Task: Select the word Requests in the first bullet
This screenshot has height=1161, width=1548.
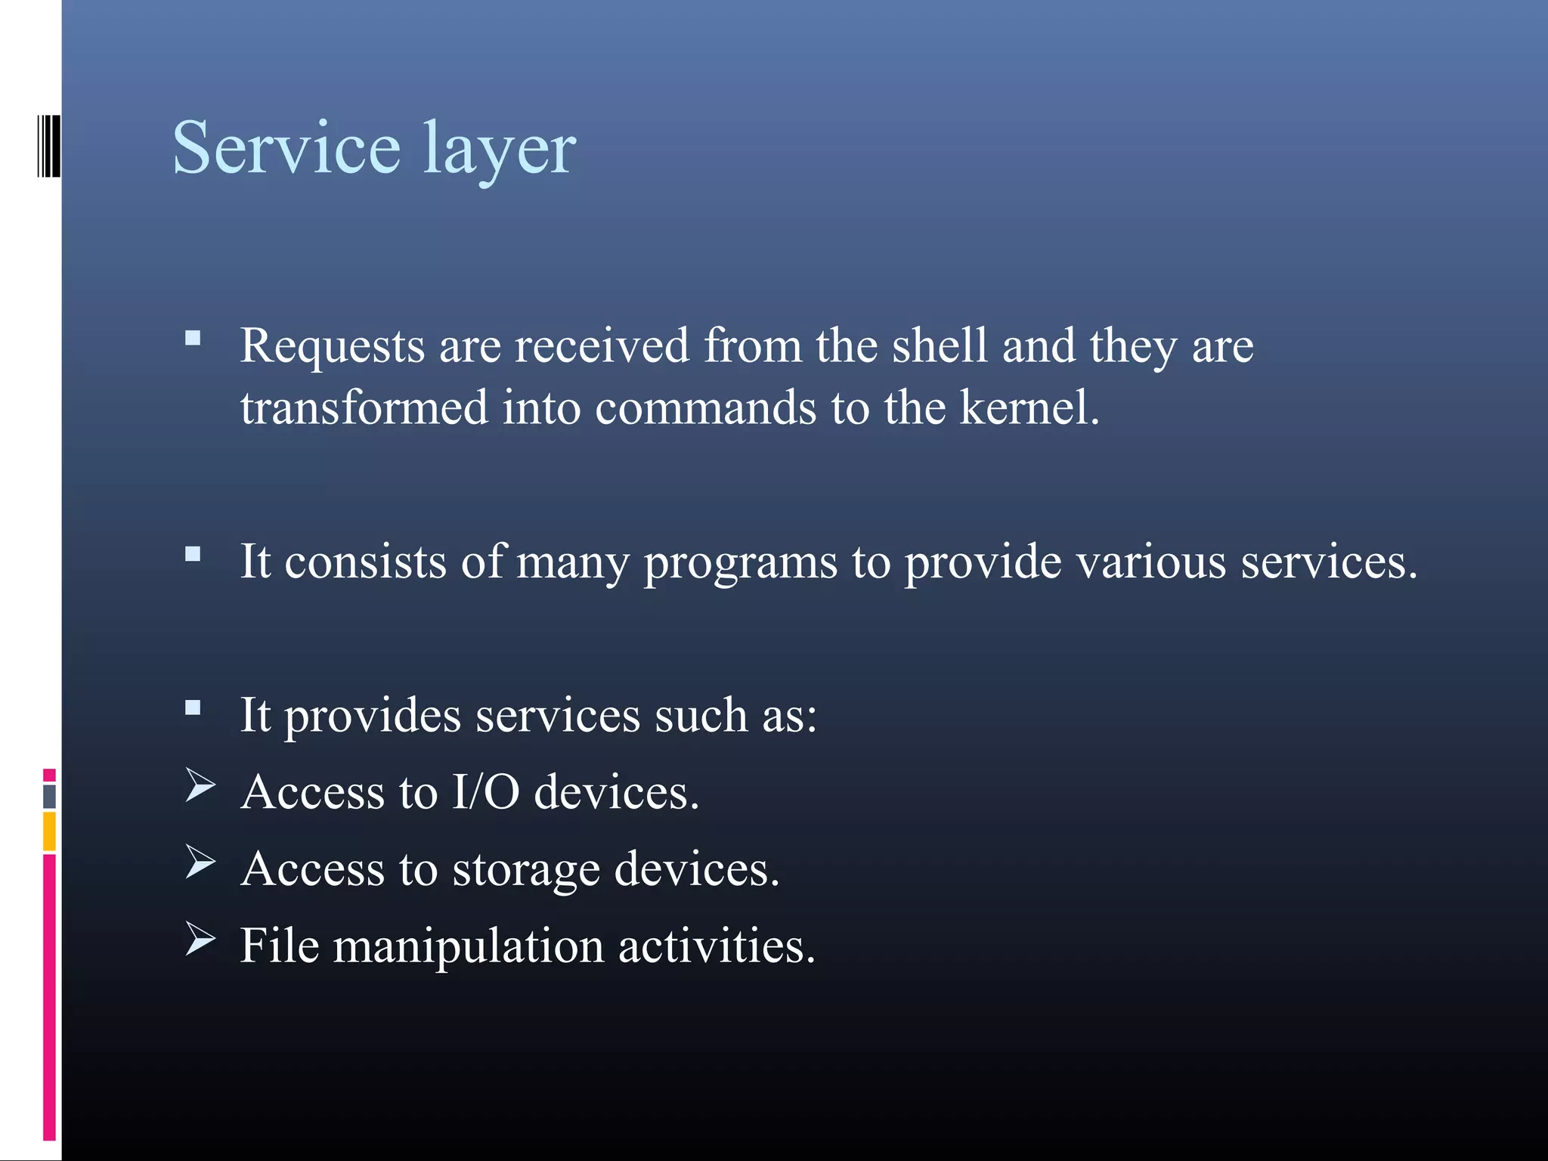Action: [333, 347]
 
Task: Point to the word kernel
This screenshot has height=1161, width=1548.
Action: [1029, 407]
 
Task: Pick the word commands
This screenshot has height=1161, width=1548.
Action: [705, 408]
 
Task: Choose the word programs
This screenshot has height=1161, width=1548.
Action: [741, 563]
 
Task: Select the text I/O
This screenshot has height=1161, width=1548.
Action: [486, 792]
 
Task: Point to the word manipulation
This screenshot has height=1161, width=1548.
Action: [469, 946]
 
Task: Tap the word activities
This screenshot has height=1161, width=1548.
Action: [717, 946]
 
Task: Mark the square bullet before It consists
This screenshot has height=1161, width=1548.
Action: [193, 555]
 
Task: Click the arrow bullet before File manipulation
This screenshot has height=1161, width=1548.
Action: [200, 940]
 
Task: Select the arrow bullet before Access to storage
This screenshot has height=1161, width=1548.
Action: [200, 862]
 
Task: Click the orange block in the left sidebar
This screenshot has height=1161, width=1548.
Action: [49, 831]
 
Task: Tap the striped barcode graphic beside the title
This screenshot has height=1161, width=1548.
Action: [49, 145]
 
